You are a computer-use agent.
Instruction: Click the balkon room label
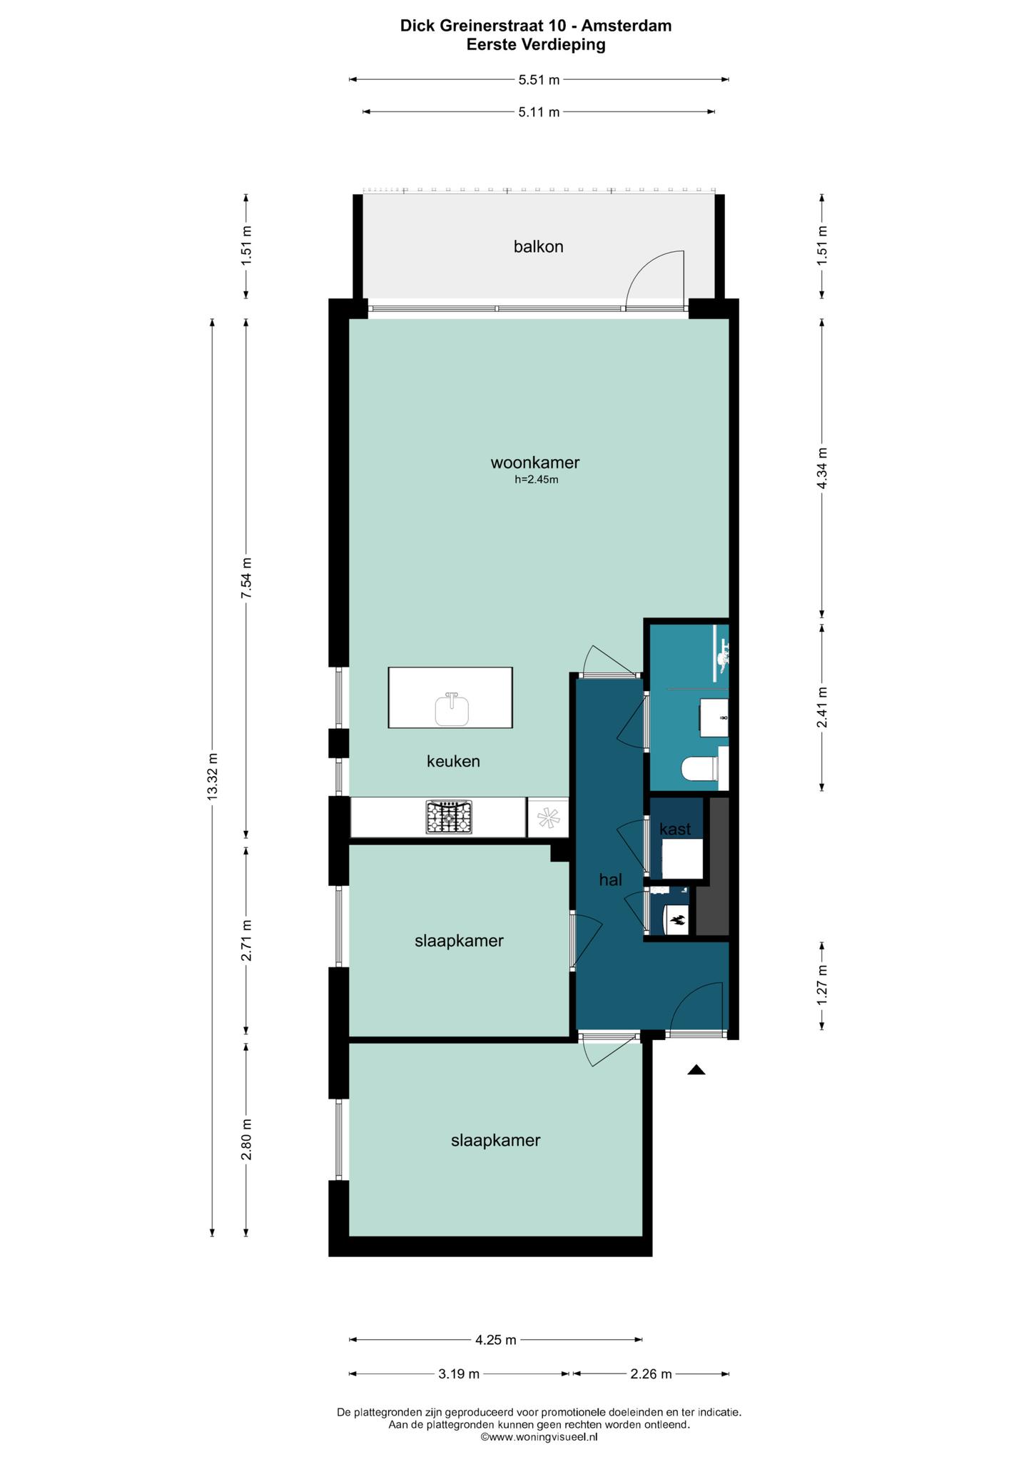tap(539, 247)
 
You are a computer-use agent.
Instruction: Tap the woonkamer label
tap(535, 463)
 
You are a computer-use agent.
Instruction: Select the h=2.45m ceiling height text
tap(537, 480)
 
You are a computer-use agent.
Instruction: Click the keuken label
tap(453, 762)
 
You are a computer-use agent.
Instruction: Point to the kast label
tap(675, 830)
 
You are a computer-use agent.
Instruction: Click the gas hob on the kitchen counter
tap(450, 817)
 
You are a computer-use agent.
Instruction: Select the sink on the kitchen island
tap(452, 709)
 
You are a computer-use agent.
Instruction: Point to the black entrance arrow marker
tap(696, 1069)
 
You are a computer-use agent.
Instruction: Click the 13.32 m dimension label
tap(212, 777)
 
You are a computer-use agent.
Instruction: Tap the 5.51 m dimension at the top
tap(539, 80)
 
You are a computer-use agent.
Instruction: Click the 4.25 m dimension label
tap(496, 1340)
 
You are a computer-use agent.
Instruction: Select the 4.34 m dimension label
tap(822, 468)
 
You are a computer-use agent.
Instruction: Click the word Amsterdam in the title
tap(627, 26)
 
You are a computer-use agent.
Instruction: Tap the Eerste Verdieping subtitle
tap(536, 45)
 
